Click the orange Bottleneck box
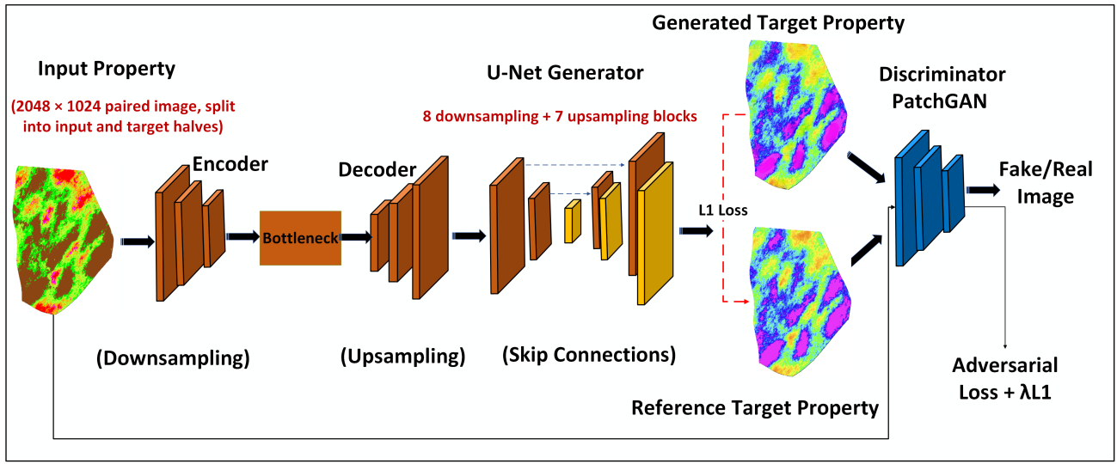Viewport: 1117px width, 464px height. pos(300,238)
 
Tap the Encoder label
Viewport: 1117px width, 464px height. pos(230,164)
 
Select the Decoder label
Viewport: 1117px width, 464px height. pos(377,169)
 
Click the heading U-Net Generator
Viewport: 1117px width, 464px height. pos(565,73)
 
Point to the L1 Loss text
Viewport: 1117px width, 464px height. pos(722,211)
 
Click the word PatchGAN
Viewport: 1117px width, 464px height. pos(940,101)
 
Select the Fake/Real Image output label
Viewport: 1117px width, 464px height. pos(1045,183)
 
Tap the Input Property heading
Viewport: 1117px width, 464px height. pos(107,69)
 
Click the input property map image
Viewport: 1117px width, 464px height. pos(63,240)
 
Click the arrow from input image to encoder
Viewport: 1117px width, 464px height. pos(138,241)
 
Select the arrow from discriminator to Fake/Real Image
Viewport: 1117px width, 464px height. pos(983,190)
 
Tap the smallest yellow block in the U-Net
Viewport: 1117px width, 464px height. pos(573,222)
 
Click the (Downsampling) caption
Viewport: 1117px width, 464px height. pos(173,358)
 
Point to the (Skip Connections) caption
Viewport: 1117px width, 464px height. pos(589,355)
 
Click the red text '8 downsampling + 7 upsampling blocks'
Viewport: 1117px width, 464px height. pos(560,116)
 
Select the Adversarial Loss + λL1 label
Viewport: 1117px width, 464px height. pos(1005,379)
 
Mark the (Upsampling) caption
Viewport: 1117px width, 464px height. pos(403,357)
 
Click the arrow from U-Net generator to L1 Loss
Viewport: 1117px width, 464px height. pos(697,231)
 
